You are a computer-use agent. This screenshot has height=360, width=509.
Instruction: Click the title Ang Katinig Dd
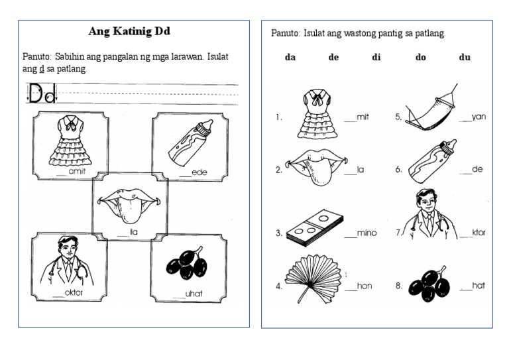tap(134, 32)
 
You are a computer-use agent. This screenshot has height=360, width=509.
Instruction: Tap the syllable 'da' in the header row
tap(290, 58)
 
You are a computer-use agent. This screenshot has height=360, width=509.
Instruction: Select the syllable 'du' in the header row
tap(465, 58)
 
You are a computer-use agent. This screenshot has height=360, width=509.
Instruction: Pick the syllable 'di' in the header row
tap(376, 58)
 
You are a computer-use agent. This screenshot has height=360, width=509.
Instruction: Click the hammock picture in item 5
tap(431, 107)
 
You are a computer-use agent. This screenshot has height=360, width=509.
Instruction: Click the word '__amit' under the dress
tap(72, 171)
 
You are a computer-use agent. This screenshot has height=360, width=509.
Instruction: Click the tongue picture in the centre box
tap(129, 202)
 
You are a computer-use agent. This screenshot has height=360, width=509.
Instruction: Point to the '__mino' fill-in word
tap(361, 233)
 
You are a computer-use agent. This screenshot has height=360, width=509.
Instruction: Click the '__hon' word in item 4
tap(359, 286)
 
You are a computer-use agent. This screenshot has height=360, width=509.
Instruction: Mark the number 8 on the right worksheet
tap(398, 286)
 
